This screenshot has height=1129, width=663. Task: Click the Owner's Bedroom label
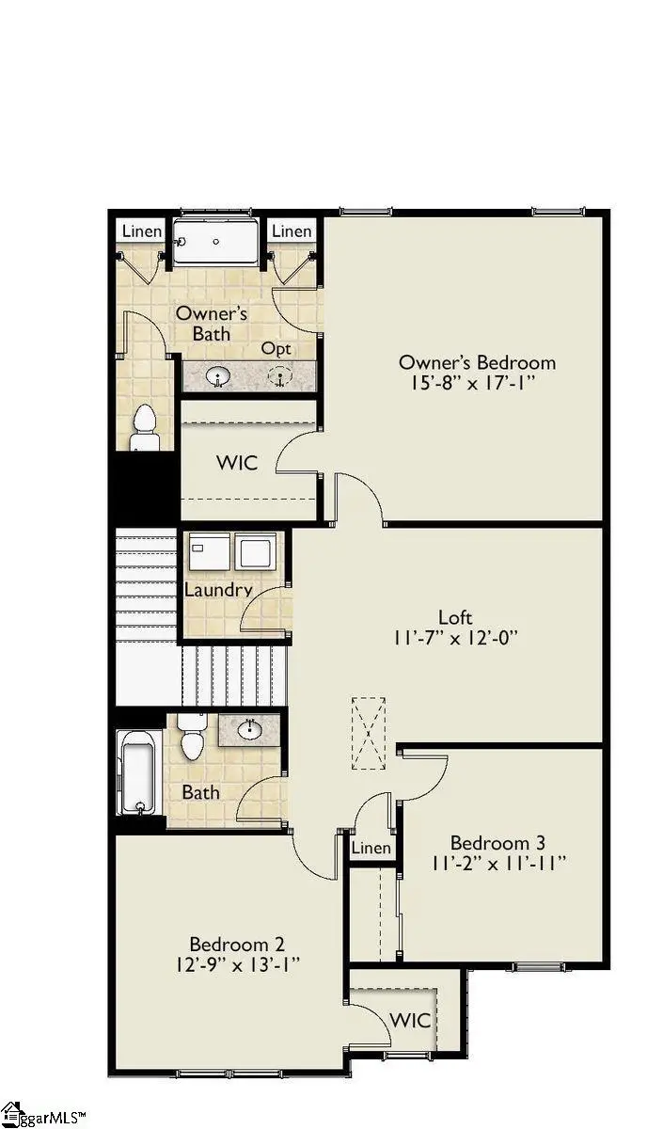coord(477,362)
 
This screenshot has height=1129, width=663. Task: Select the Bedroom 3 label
coord(497,843)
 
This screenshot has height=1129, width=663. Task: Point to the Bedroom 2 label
coord(236,944)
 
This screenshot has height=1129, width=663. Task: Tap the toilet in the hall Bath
coord(192,737)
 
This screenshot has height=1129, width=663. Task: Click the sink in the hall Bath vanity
coord(251,729)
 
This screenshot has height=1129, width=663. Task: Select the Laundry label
coord(218,591)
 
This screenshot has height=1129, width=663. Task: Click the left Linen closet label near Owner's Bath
coord(142,231)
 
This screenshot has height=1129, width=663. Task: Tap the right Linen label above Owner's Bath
coord(291,231)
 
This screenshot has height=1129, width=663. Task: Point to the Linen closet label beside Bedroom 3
coord(371,849)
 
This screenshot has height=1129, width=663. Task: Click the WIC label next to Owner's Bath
coord(236,463)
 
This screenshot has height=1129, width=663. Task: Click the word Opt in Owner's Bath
coord(276,349)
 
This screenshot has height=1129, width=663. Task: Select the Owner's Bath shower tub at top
coord(216,242)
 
